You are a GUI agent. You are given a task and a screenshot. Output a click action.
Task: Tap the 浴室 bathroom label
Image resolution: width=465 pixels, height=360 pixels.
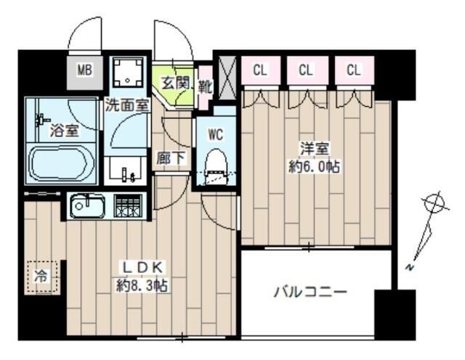point(64,131)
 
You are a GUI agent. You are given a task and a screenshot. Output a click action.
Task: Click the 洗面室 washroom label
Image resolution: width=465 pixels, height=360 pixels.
point(127,105)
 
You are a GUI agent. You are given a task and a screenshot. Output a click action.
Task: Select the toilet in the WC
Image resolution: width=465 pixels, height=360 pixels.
point(216,164)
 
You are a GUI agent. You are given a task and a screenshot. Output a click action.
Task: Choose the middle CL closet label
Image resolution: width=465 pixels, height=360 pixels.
point(306,70)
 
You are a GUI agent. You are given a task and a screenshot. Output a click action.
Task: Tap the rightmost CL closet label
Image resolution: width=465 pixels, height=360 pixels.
point(354,70)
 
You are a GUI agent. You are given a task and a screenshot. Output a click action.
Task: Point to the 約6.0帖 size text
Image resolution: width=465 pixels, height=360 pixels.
point(315,167)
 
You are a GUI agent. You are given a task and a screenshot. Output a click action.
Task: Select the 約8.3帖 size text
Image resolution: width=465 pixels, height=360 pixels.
point(142,285)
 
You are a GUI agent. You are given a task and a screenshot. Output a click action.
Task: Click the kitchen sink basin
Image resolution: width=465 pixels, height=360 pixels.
point(87,205)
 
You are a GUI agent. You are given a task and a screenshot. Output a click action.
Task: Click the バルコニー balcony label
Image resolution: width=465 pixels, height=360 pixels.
point(310,293)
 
